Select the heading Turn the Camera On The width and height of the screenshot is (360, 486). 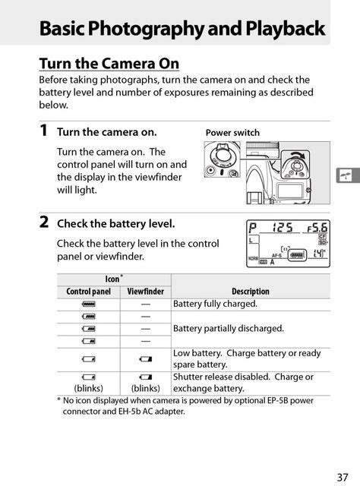click(x=109, y=63)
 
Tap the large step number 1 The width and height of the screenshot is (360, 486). click(x=44, y=131)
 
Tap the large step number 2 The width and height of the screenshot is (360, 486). click(x=44, y=222)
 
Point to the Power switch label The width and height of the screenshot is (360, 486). click(x=232, y=133)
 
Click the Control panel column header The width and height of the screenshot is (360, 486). click(x=89, y=291)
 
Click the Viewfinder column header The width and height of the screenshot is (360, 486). click(x=145, y=291)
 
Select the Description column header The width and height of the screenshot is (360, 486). click(x=251, y=291)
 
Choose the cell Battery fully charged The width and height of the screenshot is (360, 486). click(x=215, y=303)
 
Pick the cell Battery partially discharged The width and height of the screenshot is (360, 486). click(x=228, y=328)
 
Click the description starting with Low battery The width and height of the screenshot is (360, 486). click(x=247, y=358)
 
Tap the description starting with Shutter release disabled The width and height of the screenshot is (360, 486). click(x=243, y=382)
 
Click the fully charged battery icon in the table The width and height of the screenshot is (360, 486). click(x=89, y=304)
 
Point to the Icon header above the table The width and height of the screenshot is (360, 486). click(x=113, y=279)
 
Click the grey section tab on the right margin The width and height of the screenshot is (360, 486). click(x=346, y=175)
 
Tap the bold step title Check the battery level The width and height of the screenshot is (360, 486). click(x=116, y=223)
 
